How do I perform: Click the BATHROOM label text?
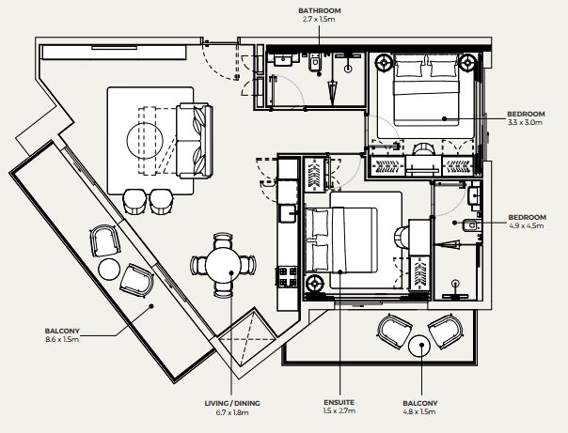point(319,11)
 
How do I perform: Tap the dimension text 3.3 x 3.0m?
point(526,122)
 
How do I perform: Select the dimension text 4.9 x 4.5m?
point(527,225)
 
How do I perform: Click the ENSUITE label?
point(339,402)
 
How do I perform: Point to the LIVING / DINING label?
point(232,403)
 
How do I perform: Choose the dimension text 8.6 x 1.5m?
point(62,339)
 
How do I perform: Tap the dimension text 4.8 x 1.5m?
point(419,411)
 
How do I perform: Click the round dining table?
point(223,266)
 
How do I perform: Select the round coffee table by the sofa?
point(145,141)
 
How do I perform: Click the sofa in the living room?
point(194,141)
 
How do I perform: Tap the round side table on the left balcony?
point(109,270)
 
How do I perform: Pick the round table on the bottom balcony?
point(419,346)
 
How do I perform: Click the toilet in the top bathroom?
point(314,63)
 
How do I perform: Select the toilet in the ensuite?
point(470,225)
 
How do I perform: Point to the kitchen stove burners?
point(287,277)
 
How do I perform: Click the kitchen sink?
point(288,213)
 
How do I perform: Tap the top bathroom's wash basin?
point(282,60)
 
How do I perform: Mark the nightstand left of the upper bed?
point(384,63)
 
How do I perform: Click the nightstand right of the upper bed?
point(468,63)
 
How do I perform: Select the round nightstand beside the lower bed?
point(314,284)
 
